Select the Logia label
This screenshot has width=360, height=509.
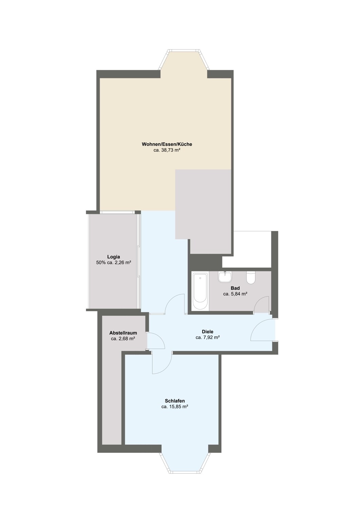[114, 257]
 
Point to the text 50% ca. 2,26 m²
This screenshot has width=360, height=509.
[114, 263]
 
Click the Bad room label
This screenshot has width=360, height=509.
[235, 288]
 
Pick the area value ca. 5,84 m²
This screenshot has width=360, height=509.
[235, 294]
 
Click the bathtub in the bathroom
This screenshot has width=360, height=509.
[200, 291]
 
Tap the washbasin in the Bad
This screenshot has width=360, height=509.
[225, 277]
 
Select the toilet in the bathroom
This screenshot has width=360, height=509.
[251, 278]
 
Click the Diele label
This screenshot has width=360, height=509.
[208, 332]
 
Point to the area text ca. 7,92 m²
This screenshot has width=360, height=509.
[208, 337]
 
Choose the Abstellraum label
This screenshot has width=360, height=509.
[123, 333]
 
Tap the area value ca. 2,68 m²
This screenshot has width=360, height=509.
[123, 339]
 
